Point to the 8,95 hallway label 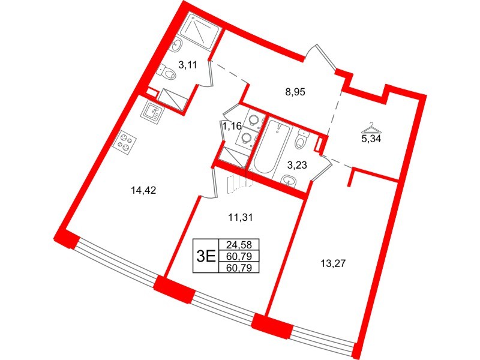(296, 92)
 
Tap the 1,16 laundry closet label (232, 126)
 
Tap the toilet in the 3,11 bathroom (169, 74)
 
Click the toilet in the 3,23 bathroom (301, 140)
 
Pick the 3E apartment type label (206, 256)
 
